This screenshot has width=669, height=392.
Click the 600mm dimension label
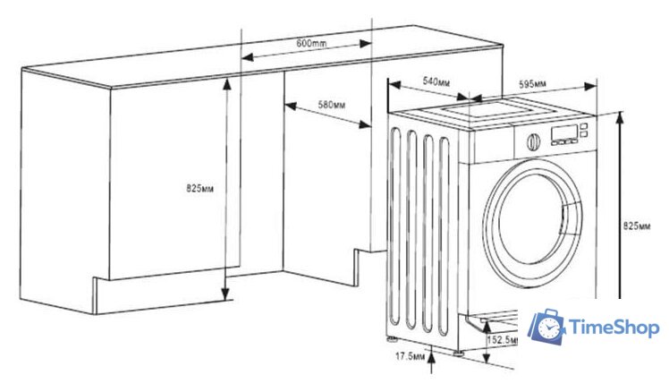[309, 44]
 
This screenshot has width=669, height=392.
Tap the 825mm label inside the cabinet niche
[199, 188]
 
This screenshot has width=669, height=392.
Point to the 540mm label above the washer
[436, 82]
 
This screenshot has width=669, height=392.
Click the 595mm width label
[533, 84]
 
